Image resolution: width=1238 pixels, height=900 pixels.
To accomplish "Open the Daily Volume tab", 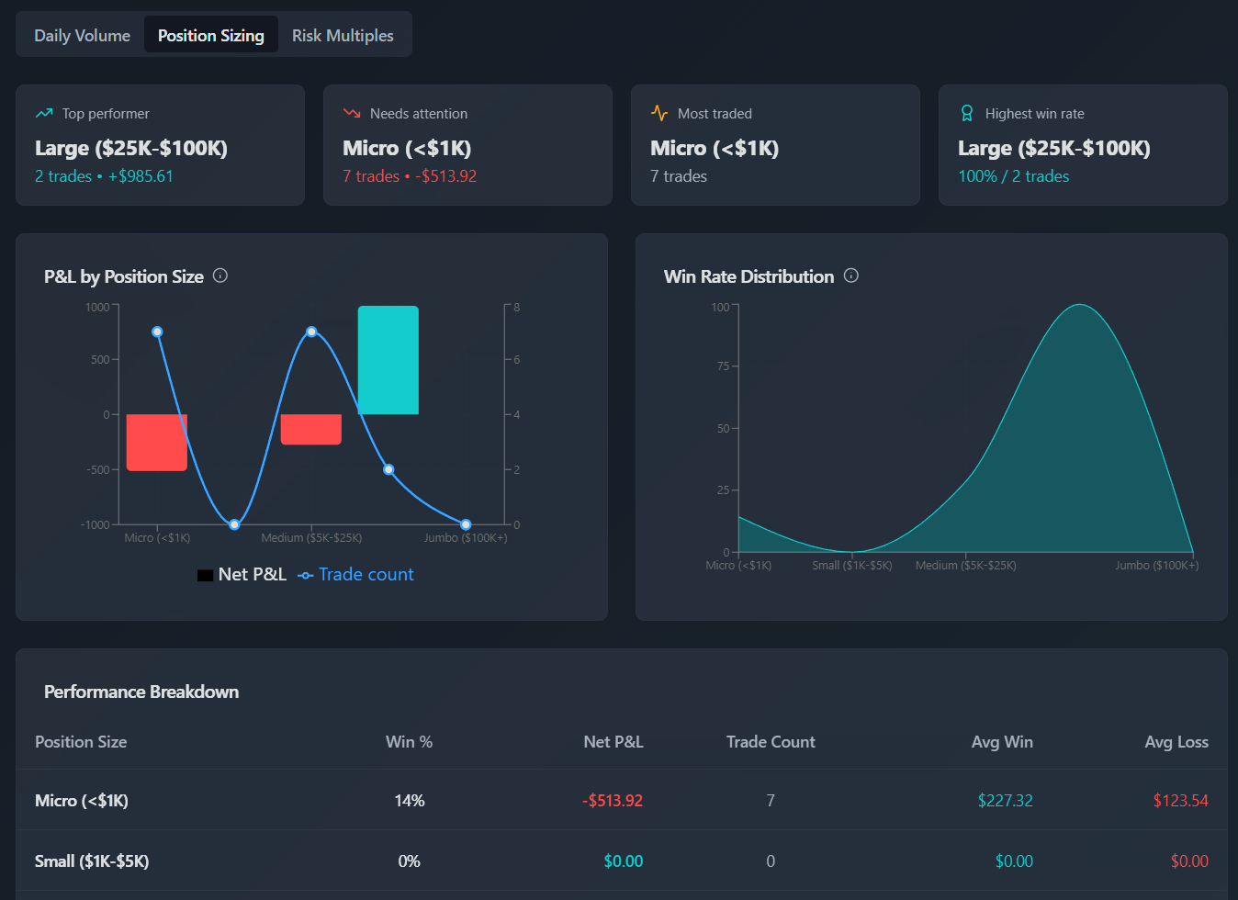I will tap(82, 36).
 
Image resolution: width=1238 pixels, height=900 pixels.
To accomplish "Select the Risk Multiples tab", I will tap(343, 36).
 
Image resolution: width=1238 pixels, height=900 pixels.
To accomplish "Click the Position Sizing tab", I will tap(211, 36).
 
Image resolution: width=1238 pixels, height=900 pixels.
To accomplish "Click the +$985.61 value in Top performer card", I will tap(141, 176).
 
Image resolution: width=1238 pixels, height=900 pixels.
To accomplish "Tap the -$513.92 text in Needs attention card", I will tap(445, 176).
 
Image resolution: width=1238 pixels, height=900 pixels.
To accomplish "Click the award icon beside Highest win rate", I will tap(967, 113).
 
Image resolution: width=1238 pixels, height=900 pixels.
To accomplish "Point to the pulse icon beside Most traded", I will tap(659, 113).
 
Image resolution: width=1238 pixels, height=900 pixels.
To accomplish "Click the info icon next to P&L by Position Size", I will tap(220, 276).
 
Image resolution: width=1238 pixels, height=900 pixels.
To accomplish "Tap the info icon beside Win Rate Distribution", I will tap(851, 276).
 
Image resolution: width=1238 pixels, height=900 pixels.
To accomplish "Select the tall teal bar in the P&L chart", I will tap(388, 360).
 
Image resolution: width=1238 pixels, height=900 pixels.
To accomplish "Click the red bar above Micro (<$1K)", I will tap(156, 443).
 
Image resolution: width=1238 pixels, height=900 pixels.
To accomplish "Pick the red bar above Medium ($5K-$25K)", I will tap(310, 430).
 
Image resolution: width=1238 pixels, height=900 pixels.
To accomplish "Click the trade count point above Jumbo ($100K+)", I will tap(466, 524).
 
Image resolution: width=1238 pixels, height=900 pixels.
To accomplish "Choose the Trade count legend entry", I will tap(356, 575).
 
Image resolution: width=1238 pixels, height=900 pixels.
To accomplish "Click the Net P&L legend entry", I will tap(242, 575).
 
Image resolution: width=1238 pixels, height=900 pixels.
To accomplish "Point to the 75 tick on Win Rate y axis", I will tap(723, 366).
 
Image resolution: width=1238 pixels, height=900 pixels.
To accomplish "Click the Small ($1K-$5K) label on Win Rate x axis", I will tap(851, 566).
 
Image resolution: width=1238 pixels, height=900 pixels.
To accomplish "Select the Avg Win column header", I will tap(1002, 742).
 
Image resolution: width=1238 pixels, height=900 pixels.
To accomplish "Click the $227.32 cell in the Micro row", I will tap(1005, 801).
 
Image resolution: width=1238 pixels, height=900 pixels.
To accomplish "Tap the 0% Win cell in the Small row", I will tap(409, 861).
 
